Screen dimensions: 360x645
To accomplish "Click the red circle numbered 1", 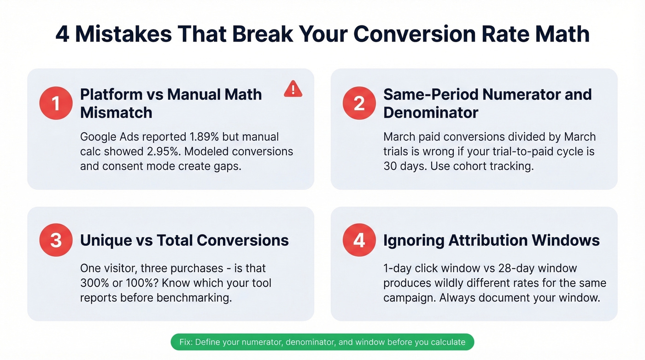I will [56, 103].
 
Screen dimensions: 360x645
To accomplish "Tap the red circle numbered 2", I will [359, 103].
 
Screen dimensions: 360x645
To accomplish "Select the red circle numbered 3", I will [56, 240].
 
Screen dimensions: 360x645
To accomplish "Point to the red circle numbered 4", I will [359, 240].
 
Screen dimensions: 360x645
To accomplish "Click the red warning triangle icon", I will [293, 89].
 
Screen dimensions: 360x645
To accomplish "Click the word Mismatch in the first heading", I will [116, 112].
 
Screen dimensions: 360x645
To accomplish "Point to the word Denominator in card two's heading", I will [431, 112].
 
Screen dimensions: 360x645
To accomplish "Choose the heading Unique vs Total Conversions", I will [184, 240].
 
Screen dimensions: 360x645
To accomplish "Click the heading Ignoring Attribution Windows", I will [492, 240].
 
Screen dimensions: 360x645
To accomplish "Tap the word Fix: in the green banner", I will [187, 342].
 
